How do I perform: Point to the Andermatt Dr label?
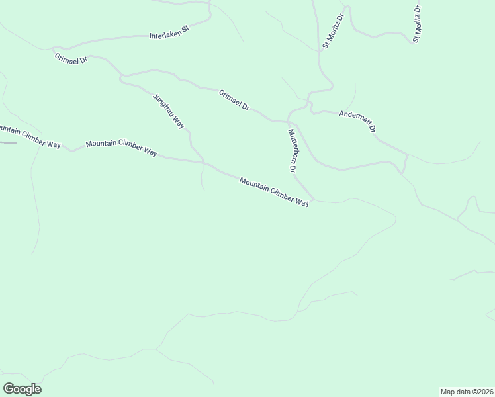pos(357,120)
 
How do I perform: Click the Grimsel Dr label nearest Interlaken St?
pos(71,59)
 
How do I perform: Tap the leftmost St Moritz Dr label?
pos(333,31)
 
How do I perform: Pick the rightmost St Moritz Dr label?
pos(417,25)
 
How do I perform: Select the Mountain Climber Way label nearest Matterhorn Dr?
pos(274,192)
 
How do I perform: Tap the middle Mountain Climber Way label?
pos(121,148)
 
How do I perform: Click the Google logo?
pos(22,389)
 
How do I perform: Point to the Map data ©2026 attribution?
pos(467,391)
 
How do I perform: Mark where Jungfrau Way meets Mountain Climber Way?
pos(203,162)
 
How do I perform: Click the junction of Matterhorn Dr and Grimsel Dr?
pos(289,122)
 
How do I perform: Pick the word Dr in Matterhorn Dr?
pos(291,167)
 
